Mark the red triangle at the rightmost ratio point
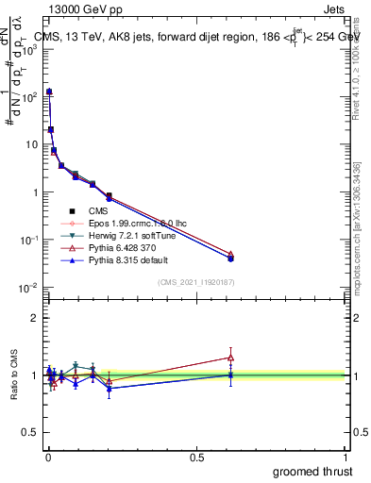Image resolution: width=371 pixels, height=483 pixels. point(230,357)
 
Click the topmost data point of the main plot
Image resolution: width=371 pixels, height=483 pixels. point(49,92)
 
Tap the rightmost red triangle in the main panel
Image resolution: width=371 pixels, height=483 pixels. point(230,254)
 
